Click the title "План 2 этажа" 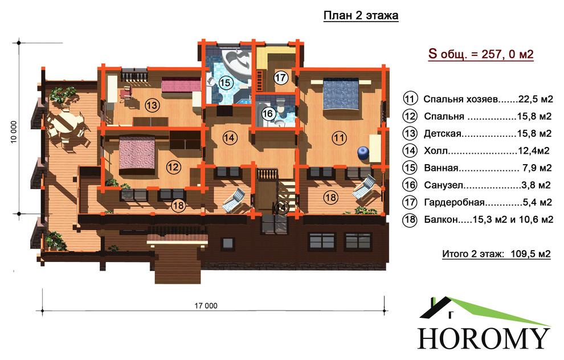tap(361, 16)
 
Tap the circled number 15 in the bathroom tap(225, 83)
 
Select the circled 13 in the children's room tap(152, 105)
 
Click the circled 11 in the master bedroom tap(339, 138)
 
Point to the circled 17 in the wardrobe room tap(280, 77)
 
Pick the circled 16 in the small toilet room tap(268, 114)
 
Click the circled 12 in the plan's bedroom tap(173, 167)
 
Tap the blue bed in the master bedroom tap(341, 95)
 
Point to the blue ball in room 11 tap(363, 153)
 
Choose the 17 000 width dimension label tap(206, 306)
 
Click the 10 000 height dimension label tap(14, 132)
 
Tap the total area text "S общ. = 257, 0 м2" tap(481, 54)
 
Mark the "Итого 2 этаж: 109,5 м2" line tap(496, 254)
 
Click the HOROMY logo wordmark tap(484, 338)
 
